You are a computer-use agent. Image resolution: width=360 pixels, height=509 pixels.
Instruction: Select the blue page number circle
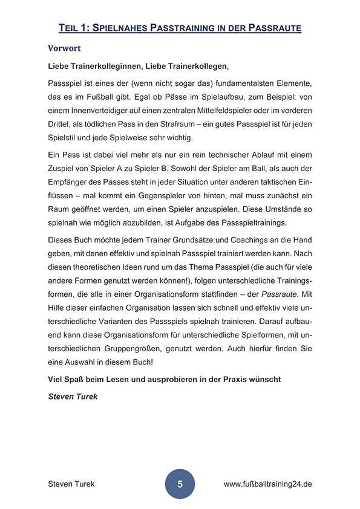pyautogui.click(x=180, y=484)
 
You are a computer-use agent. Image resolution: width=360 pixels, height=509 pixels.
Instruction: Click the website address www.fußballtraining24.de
pyautogui.click(x=268, y=484)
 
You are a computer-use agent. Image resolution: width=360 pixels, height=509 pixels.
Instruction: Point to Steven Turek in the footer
pyautogui.click(x=71, y=484)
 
